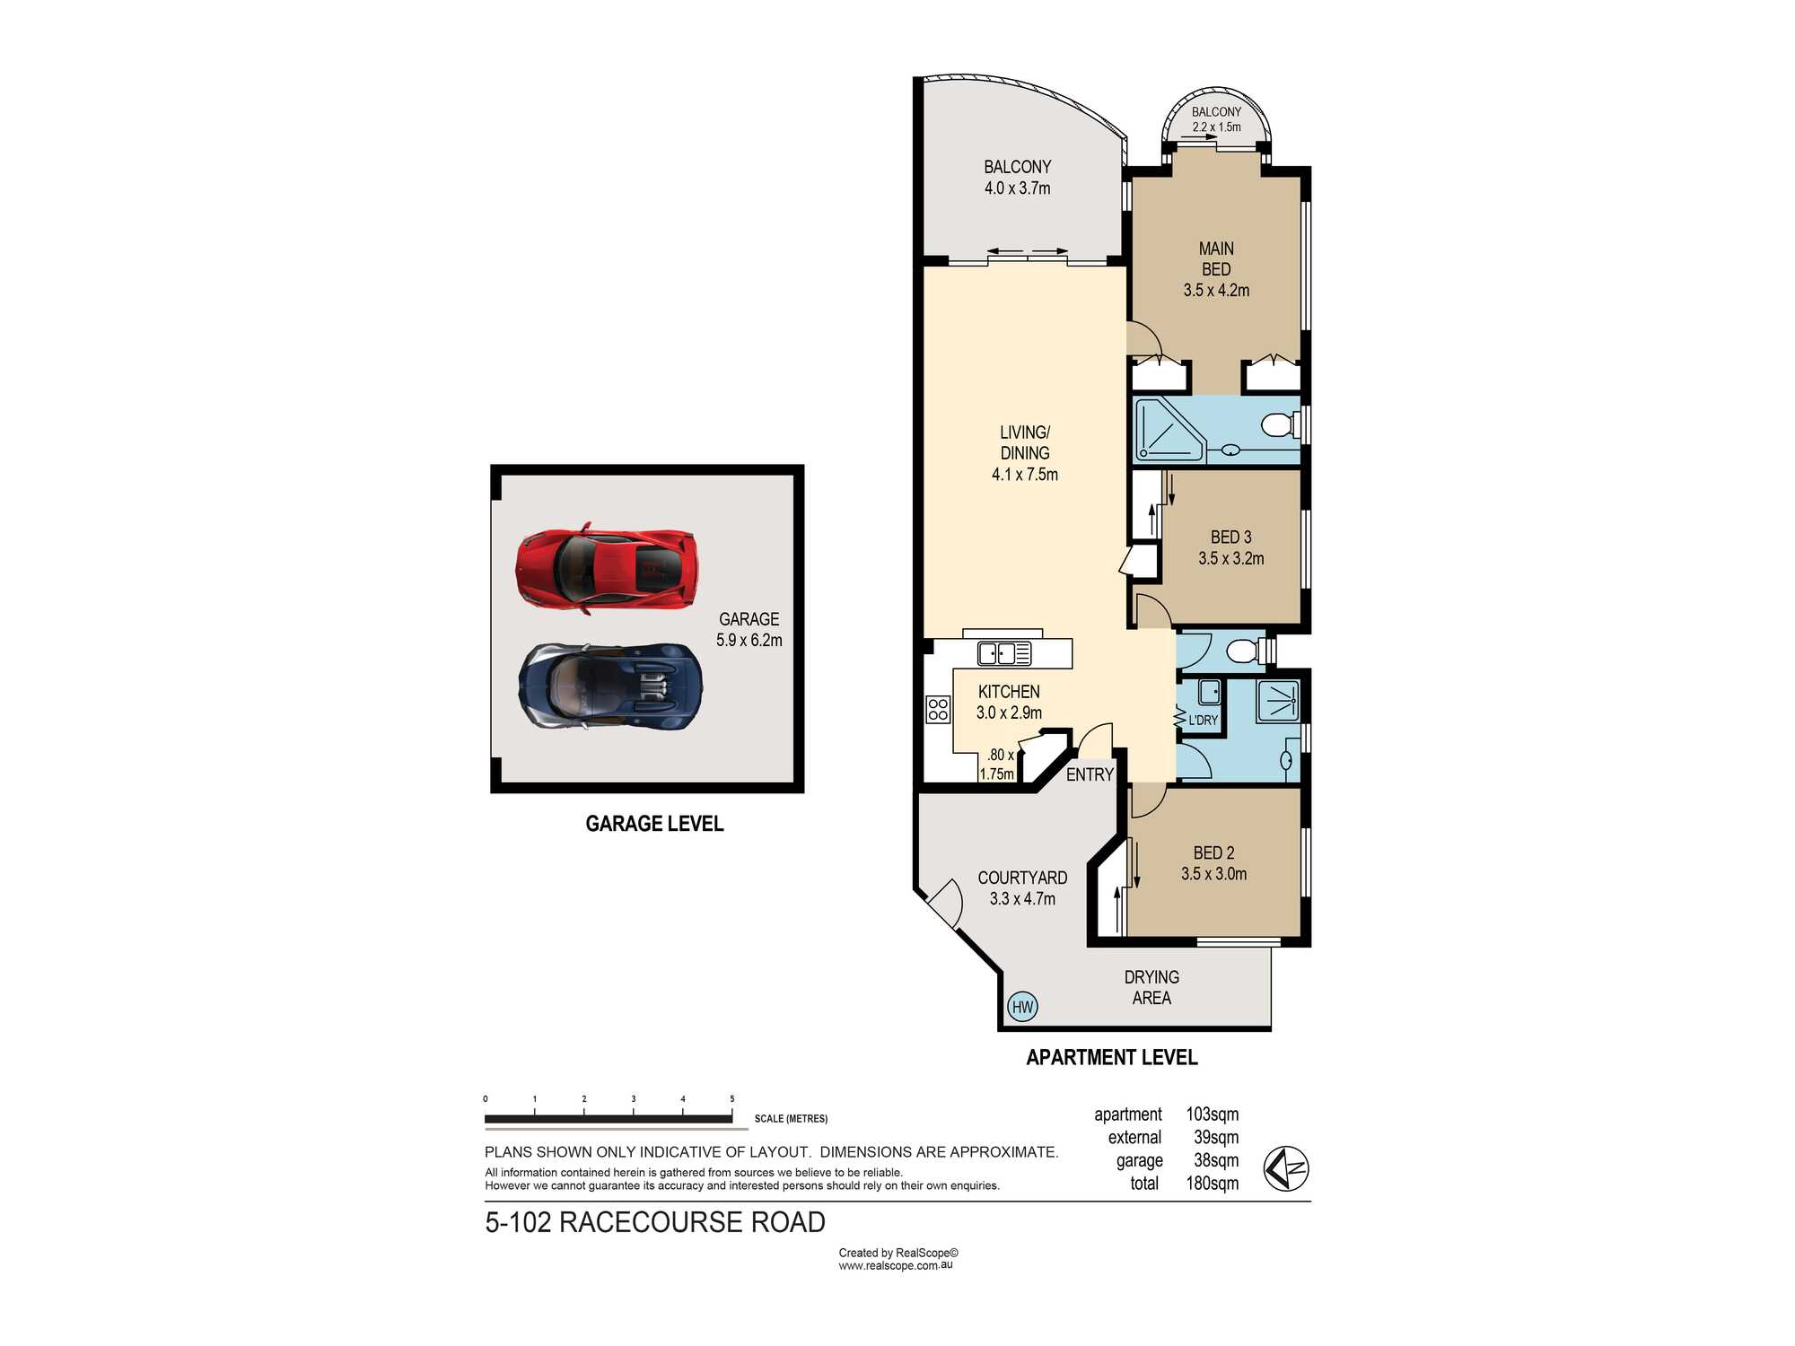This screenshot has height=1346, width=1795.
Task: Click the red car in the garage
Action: click(x=606, y=568)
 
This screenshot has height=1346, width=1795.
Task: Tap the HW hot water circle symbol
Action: click(x=1023, y=1007)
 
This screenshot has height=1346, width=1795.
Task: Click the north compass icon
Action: click(x=1286, y=1168)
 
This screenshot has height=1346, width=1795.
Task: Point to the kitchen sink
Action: click(x=1003, y=653)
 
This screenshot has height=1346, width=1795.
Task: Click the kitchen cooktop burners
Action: click(x=938, y=709)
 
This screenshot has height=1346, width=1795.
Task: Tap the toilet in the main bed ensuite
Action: click(x=1280, y=424)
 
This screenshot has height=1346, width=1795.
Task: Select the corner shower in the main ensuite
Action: click(x=1170, y=431)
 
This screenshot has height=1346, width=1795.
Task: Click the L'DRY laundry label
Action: click(x=1204, y=720)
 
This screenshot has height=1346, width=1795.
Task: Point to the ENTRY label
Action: click(x=1090, y=774)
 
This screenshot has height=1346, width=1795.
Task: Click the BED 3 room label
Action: click(x=1230, y=538)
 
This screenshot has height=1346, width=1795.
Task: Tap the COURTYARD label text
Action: click(x=1022, y=878)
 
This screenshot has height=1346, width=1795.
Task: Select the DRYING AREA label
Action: click(x=1151, y=987)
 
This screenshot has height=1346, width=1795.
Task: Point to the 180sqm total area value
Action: click(x=1212, y=1184)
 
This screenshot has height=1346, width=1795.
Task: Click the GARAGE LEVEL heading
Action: click(x=654, y=824)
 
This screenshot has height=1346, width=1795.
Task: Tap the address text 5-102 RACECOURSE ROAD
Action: click(x=655, y=1222)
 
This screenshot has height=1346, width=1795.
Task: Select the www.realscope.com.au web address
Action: click(x=896, y=1265)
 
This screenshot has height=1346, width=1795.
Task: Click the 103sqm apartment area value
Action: click(x=1212, y=1114)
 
